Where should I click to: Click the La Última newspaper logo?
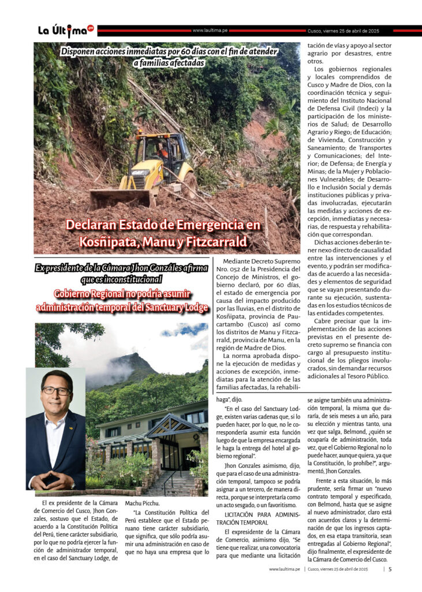65,30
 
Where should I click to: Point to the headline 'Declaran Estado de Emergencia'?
163,225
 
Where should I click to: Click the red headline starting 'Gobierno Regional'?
122,294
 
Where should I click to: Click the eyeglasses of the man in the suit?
56,391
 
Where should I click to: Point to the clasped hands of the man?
54,480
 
